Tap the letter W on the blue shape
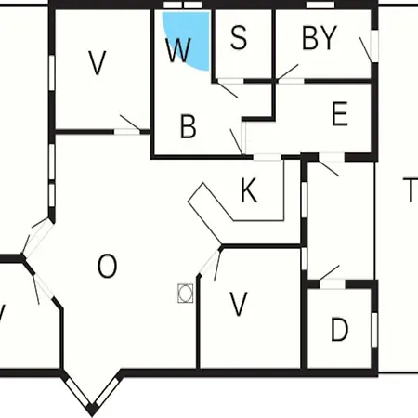coord(178,50)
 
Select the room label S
coord(239,37)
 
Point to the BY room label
coord(320,38)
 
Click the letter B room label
coord(189,126)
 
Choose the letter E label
coord(340,113)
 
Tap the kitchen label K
coord(249,190)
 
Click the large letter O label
coord(108,266)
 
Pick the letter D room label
coord(340,330)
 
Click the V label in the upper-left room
coord(98,63)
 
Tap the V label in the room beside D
coord(239,304)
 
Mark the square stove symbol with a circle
coord(186,294)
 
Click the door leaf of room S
coord(227,89)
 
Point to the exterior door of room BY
coord(366,50)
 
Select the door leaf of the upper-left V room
coord(130,123)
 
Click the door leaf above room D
coord(329,273)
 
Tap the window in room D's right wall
coord(374,330)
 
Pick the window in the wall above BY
coord(320,6)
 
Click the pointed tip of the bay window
coord(92,413)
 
